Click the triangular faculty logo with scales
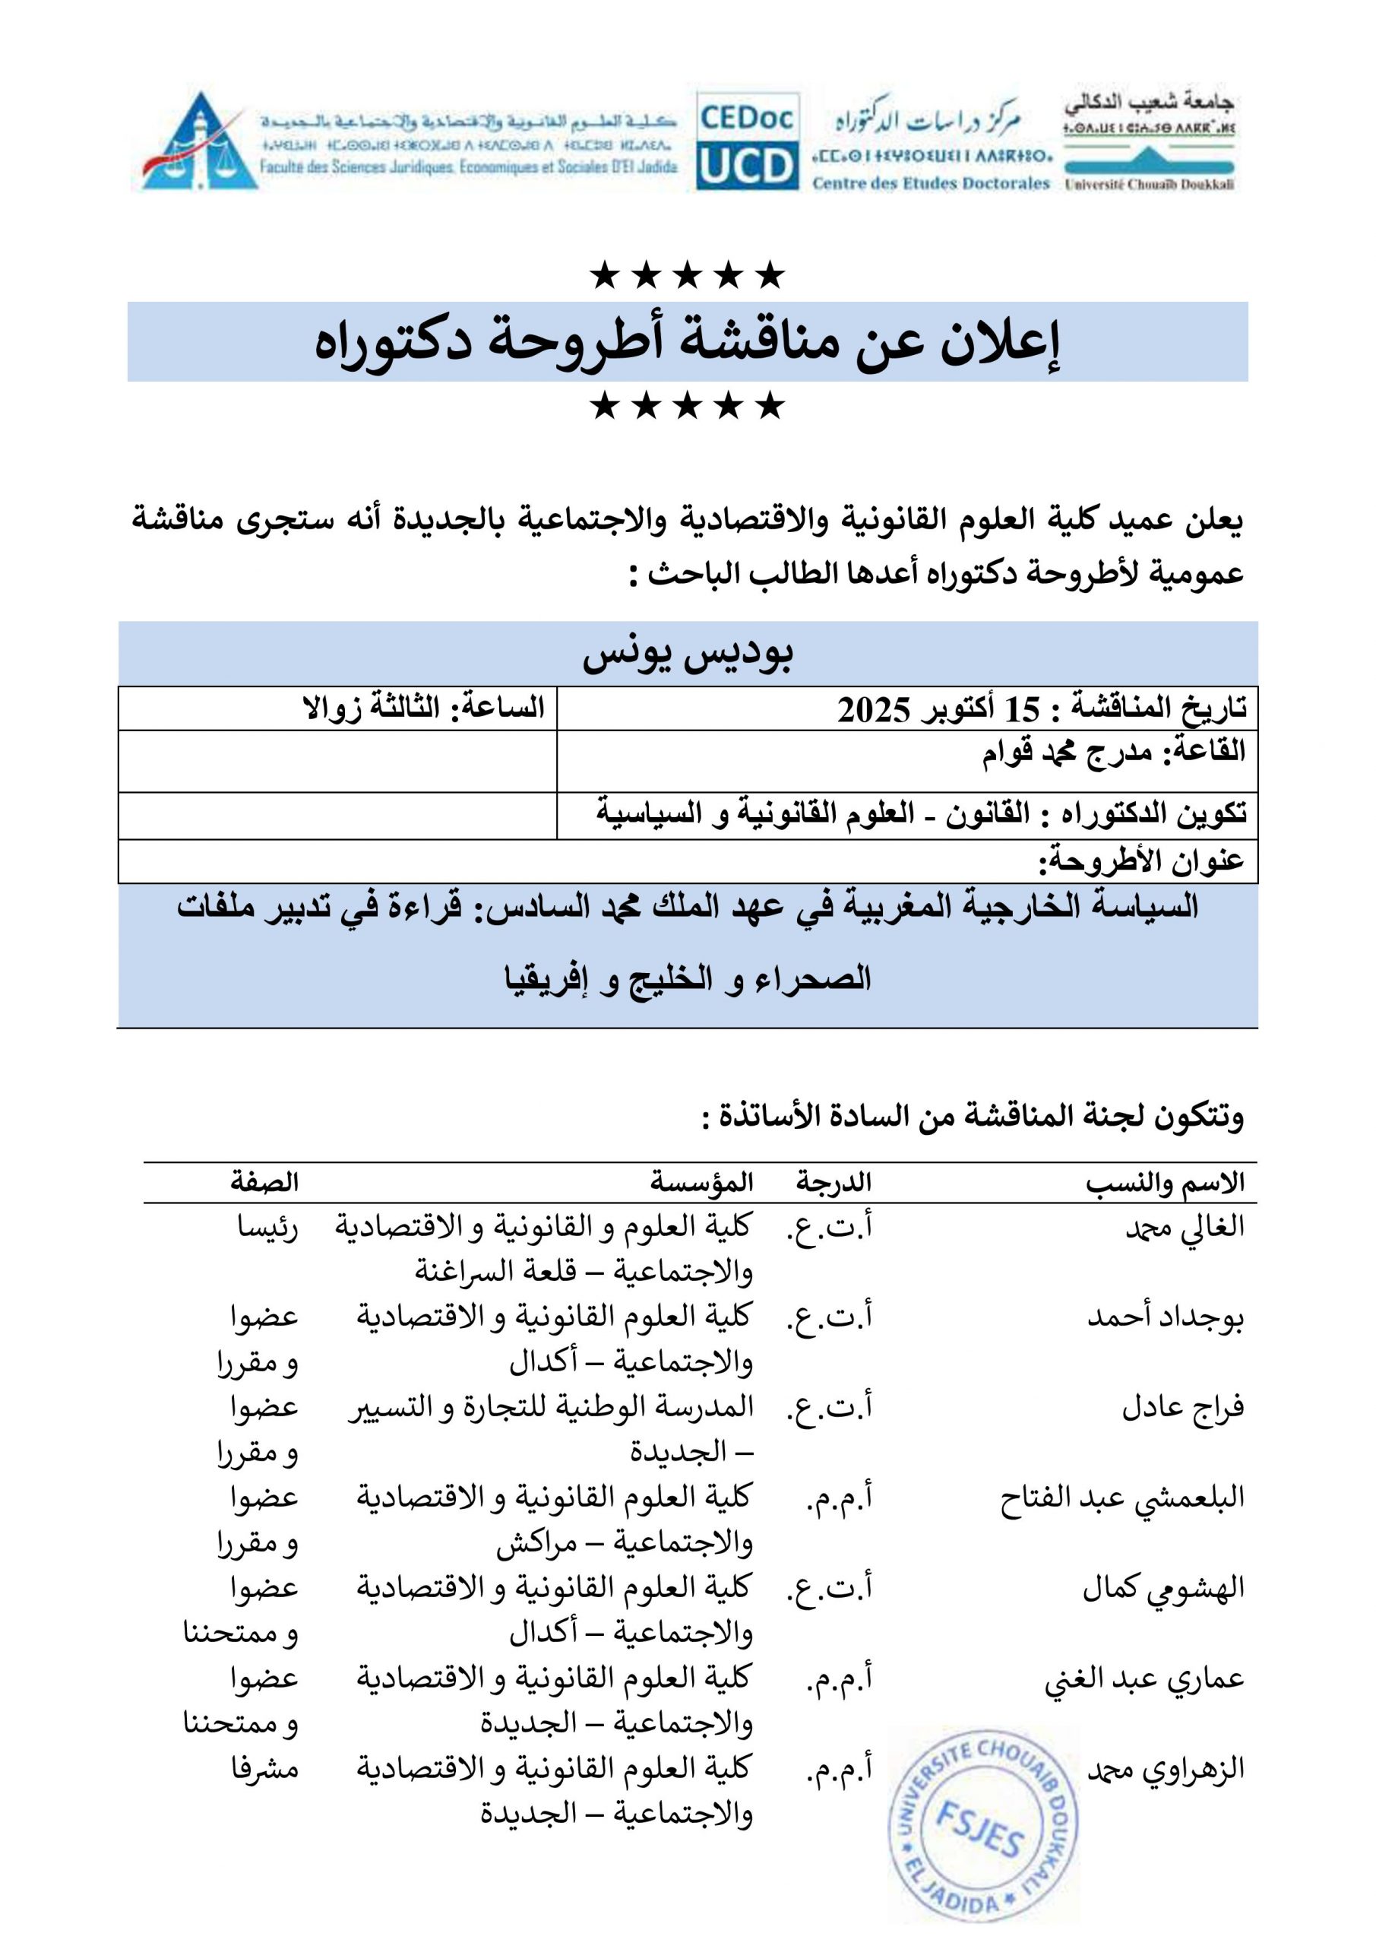tap(200, 141)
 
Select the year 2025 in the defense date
tap(874, 709)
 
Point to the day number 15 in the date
tap(1022, 709)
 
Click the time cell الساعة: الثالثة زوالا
tap(424, 708)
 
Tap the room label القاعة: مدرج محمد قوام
tap(1113, 752)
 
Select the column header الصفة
tap(264, 1182)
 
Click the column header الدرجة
tap(834, 1182)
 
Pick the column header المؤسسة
tap(701, 1182)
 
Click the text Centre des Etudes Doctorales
tap(930, 183)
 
